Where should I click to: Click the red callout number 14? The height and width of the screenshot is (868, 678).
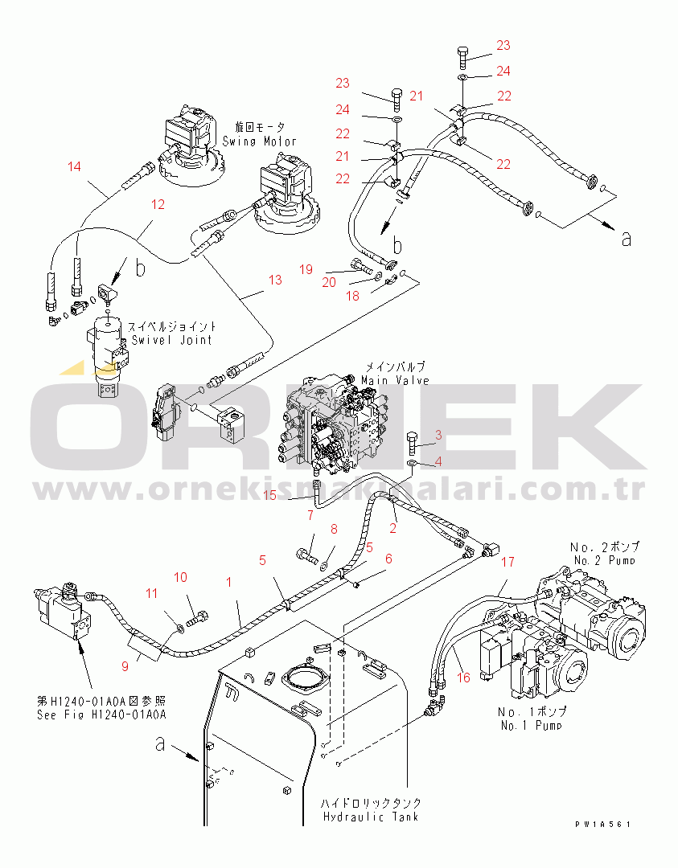click(75, 167)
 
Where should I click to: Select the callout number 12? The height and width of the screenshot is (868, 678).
click(158, 205)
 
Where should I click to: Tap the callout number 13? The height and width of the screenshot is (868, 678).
click(275, 280)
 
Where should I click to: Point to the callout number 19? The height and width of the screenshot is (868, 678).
click(306, 269)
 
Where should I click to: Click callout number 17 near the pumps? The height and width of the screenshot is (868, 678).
click(507, 563)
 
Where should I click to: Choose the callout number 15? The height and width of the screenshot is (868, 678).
click(269, 495)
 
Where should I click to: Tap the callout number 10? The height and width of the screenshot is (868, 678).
click(180, 577)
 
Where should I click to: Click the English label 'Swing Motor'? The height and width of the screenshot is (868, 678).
click(259, 141)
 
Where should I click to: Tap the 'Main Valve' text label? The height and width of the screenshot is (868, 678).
click(395, 380)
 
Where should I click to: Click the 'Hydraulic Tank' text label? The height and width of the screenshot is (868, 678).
click(371, 817)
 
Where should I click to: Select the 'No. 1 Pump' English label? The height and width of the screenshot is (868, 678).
click(530, 726)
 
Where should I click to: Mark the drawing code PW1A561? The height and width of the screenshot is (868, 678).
click(602, 825)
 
